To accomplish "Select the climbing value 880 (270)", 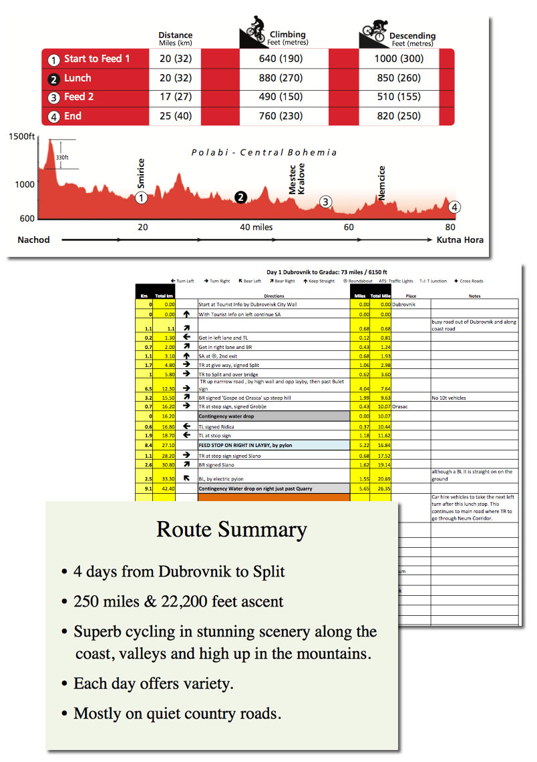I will (281, 78).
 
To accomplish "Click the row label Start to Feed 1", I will (96, 59).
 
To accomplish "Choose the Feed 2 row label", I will (78, 97).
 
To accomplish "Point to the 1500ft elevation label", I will (21, 137).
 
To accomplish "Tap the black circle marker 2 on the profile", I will (241, 197).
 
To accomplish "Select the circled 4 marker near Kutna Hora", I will (454, 207).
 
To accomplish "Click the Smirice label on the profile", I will (141, 174).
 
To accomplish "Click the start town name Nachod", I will (33, 240).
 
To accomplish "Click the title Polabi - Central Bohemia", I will (264, 152).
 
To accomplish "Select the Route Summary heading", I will (231, 529).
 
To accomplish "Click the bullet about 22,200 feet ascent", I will (178, 601).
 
